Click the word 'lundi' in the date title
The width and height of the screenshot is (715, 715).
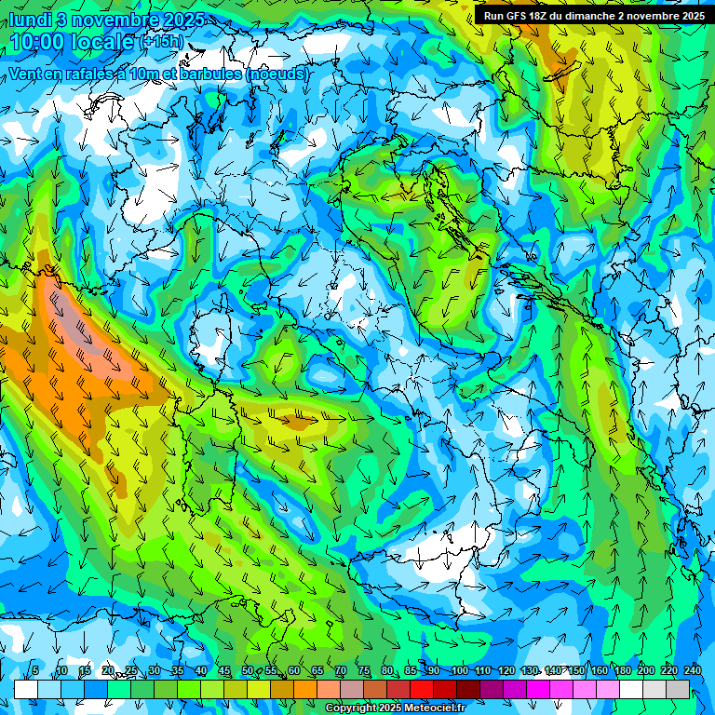pyautogui.click(x=30, y=19)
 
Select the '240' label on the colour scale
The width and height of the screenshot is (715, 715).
pyautogui.click(x=691, y=670)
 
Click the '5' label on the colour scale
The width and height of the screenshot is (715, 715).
pyautogui.click(x=35, y=670)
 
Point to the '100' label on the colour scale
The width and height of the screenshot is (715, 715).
pyautogui.click(x=459, y=670)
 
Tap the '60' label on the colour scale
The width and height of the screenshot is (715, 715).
pyautogui.click(x=294, y=670)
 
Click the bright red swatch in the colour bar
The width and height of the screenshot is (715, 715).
pyautogui.click(x=422, y=689)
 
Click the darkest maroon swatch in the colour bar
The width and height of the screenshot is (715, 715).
pyautogui.click(x=468, y=689)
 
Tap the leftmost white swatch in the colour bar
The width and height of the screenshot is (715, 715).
pyautogui.click(x=26, y=689)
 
